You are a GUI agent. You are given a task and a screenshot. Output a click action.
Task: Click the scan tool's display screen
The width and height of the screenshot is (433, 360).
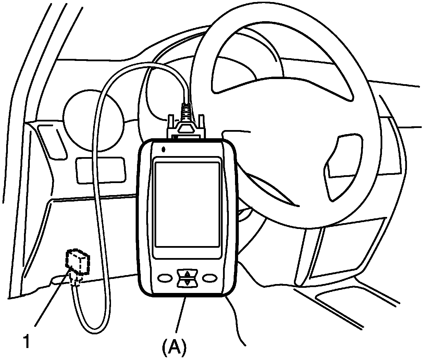[187, 204]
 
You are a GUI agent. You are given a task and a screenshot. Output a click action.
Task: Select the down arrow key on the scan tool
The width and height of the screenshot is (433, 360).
[187, 282]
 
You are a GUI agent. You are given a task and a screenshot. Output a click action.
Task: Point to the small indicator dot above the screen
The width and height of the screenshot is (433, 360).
[164, 149]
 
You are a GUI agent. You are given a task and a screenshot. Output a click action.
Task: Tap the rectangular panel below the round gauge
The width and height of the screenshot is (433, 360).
[99, 170]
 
